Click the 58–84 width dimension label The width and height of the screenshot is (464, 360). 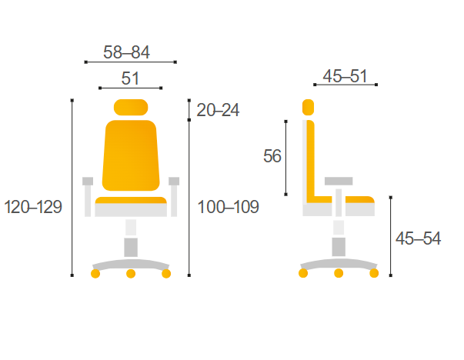(126, 52)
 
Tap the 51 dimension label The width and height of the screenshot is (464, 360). (130, 78)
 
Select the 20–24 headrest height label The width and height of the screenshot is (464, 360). (218, 110)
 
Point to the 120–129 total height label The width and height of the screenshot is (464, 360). (33, 206)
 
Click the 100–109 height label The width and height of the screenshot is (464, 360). (228, 206)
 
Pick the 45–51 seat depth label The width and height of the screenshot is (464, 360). (345, 76)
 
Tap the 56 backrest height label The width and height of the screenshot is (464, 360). (272, 156)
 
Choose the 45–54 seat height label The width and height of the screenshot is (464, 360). (418, 238)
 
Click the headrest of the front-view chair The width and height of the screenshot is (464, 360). (131, 107)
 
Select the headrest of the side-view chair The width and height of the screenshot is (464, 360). (308, 107)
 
